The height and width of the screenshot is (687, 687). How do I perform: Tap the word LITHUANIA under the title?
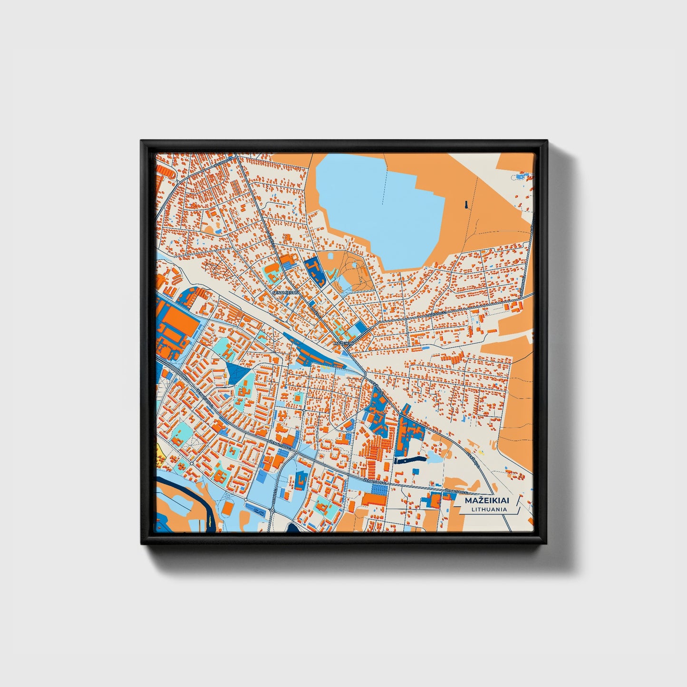(489, 509)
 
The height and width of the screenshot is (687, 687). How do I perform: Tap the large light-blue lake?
(380, 204)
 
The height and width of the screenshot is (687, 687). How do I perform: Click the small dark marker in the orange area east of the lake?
(466, 204)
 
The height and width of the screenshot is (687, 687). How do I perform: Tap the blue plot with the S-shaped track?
(259, 513)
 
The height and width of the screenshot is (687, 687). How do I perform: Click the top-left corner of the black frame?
(142, 142)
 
